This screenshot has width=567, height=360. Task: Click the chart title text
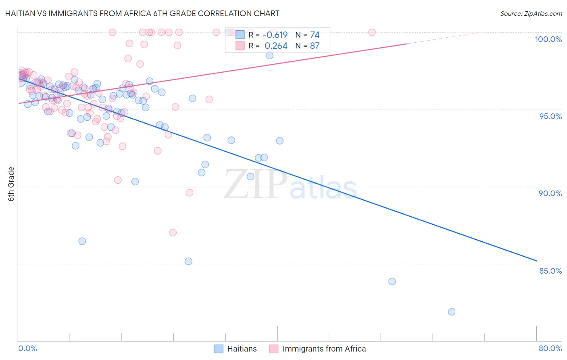[x=142, y=13]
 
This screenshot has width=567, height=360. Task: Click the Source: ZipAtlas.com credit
[x=531, y=13]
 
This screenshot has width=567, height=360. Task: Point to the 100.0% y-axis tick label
[x=548, y=39]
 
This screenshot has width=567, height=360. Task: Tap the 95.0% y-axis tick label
[x=550, y=116]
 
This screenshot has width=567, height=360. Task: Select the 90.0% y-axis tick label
[x=550, y=193]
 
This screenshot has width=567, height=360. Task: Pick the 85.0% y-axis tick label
[x=550, y=271]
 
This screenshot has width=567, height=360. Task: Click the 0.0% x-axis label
[x=27, y=348]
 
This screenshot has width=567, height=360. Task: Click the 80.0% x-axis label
[x=550, y=348]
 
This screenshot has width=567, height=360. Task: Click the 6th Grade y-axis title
[x=11, y=184]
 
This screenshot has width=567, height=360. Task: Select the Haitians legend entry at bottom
[x=236, y=349]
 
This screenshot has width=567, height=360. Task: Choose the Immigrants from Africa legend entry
[x=318, y=349]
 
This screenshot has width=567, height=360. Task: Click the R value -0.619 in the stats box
[x=275, y=35]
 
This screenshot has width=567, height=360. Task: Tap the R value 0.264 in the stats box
[x=276, y=46]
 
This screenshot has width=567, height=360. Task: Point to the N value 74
[x=315, y=35]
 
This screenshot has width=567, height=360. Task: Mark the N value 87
[x=315, y=46]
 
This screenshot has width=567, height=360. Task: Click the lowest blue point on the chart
[x=451, y=312]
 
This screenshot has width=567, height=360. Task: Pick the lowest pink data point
[x=173, y=232]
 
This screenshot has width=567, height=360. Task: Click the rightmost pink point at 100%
[x=372, y=32]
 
